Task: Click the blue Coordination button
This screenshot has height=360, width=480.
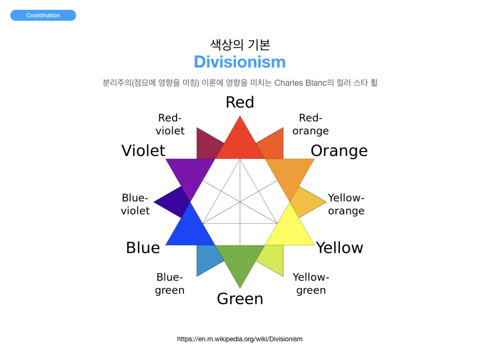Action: point(43,15)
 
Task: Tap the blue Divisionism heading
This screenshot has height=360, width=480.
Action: point(240,62)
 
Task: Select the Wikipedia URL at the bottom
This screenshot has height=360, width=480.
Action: point(240,339)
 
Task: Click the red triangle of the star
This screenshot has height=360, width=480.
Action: point(240,144)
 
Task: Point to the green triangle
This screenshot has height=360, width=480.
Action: point(240,260)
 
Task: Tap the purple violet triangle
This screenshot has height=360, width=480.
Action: point(190,174)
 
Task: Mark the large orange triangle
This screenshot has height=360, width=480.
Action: point(290,174)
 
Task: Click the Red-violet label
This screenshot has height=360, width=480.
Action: point(170,124)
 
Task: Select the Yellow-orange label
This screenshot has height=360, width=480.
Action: point(346,204)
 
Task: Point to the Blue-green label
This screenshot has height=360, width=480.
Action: point(170,284)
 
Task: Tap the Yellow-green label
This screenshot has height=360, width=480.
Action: point(311,284)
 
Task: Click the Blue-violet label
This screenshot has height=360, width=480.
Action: point(135,204)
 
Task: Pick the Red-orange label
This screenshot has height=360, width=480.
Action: point(310,124)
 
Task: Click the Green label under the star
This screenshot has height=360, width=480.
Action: point(240,299)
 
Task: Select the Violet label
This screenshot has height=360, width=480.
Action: point(143,150)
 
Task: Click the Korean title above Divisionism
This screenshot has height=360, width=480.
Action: point(240,45)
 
